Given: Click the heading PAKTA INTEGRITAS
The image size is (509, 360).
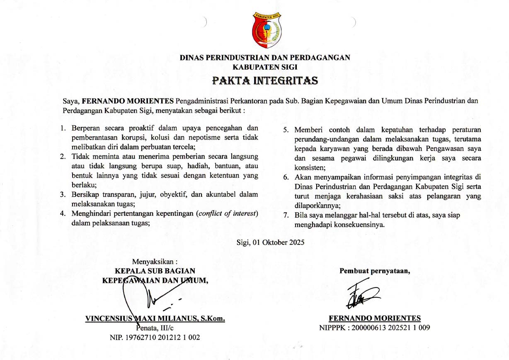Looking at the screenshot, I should point(265,80).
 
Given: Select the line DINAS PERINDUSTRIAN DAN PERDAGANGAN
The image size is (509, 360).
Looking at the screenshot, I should point(265,58).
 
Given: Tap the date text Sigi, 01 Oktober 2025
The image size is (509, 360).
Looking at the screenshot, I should point(270,242).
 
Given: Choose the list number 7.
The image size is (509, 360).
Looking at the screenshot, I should point(286,215).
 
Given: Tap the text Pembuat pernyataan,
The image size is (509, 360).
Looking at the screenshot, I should point(375,271).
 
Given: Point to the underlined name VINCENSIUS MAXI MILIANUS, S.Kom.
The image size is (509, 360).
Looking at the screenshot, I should point(155,319).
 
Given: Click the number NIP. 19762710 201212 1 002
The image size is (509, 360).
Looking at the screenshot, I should point(155,337).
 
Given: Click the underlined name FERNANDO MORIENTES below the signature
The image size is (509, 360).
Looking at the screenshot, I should point(375,318).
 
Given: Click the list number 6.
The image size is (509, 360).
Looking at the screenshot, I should point(286,178).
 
